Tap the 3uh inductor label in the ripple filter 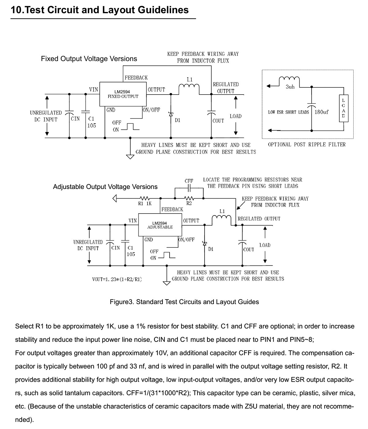(x=290, y=87)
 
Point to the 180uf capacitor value (x=321, y=112)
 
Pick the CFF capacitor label (x=189, y=181)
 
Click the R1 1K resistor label (x=145, y=203)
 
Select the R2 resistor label (x=189, y=203)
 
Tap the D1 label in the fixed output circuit (x=177, y=120)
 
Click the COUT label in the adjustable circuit (x=248, y=249)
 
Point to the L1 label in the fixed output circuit (x=190, y=79)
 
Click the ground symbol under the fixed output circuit (x=130, y=157)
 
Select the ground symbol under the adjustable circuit (x=167, y=283)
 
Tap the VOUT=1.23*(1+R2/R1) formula (x=117, y=279)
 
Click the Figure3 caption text (x=184, y=302)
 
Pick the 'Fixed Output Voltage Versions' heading (x=89, y=59)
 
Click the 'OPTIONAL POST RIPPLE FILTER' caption (x=307, y=145)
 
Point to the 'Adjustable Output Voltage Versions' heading (x=105, y=187)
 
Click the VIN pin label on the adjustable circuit (x=132, y=221)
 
